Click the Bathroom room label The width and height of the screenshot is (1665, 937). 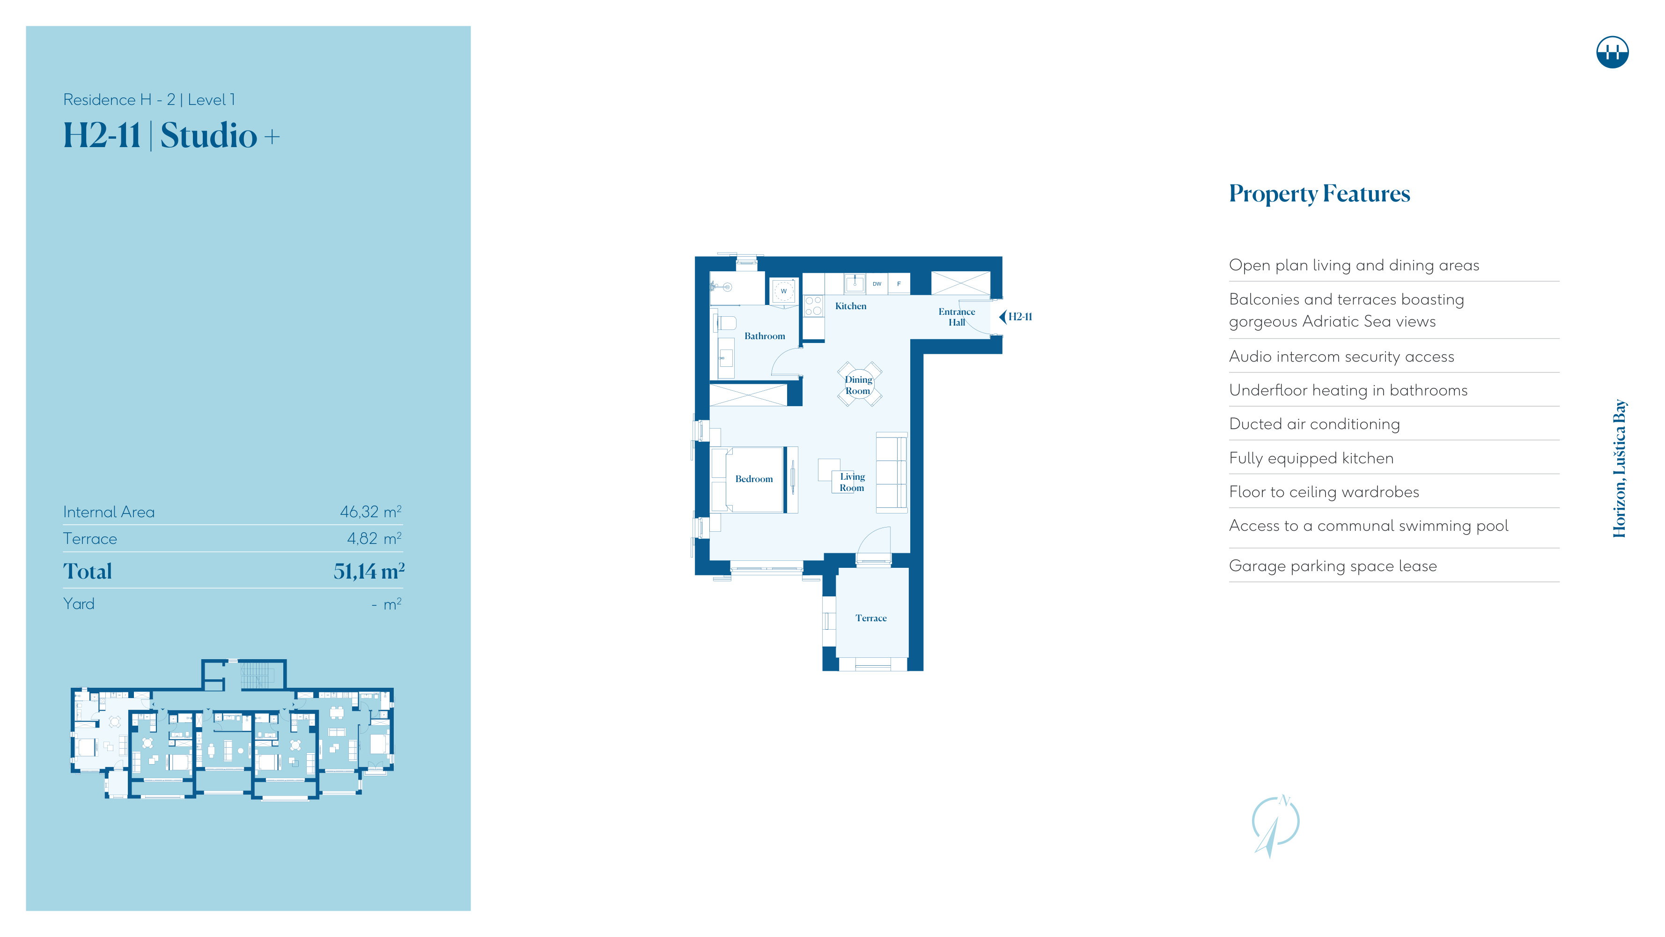click(765, 336)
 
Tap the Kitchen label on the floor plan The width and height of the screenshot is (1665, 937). click(851, 306)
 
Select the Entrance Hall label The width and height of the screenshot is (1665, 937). click(957, 317)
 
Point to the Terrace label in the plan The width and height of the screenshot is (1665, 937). click(870, 618)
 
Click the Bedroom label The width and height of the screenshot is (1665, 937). click(754, 479)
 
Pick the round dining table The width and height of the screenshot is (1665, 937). click(859, 384)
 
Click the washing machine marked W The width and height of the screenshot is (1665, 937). click(784, 291)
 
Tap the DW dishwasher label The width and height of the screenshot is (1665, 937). click(877, 284)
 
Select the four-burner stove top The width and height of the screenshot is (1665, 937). click(813, 306)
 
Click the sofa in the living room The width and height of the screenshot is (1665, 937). click(891, 473)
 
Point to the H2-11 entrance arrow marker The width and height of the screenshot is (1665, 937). click(1016, 317)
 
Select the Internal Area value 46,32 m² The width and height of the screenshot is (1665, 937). click(370, 512)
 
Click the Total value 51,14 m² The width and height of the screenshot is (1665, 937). click(369, 571)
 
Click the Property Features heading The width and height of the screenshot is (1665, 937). click(1319, 194)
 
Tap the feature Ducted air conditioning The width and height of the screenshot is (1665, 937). click(1314, 424)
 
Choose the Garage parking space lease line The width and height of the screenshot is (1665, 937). click(1333, 566)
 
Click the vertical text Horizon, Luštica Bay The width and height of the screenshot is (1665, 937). click(1619, 468)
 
